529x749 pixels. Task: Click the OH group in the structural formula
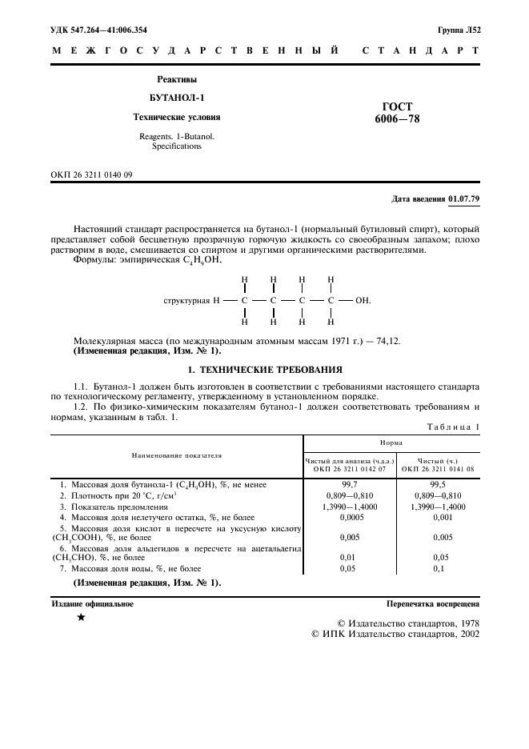(x=363, y=301)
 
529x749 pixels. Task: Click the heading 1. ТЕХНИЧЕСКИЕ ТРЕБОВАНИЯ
(x=265, y=370)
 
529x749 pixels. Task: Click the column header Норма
(x=391, y=441)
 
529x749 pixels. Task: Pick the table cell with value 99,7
(x=349, y=485)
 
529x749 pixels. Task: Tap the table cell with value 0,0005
(x=349, y=518)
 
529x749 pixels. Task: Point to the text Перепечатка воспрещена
(x=432, y=604)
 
